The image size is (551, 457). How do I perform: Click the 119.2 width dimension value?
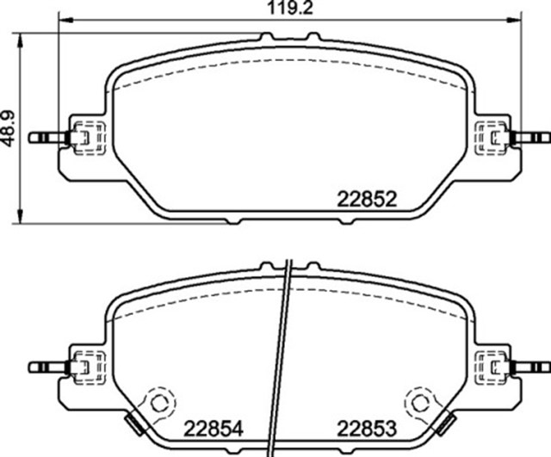tap(290, 8)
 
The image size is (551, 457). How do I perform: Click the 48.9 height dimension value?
tap(8, 128)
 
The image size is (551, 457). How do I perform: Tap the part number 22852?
tap(367, 200)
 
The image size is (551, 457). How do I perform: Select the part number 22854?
tap(214, 429)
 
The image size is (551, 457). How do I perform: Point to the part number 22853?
tap(367, 429)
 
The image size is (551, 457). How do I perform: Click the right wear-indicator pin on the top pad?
tap(530, 138)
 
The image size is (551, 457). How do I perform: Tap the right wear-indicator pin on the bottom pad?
tap(530, 367)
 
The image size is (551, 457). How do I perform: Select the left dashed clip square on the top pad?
tap(89, 138)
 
